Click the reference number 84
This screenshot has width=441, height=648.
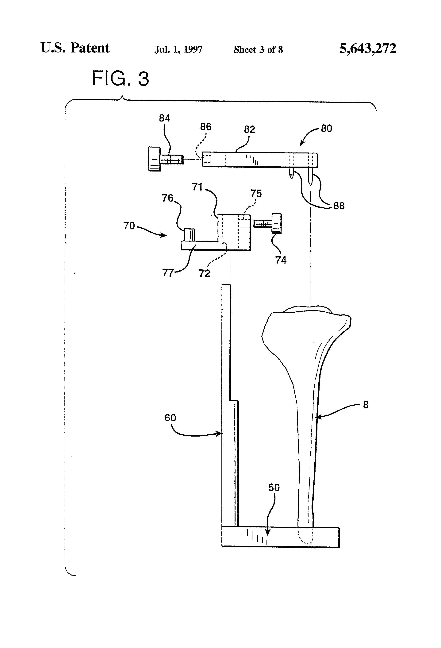pos(164,118)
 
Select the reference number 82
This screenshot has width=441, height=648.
pos(250,129)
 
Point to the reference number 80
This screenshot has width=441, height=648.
pos(326,129)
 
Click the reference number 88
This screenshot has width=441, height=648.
pos(339,206)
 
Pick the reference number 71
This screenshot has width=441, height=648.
pos(197,187)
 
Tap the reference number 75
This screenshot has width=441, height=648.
pos(256,194)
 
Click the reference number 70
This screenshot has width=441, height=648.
pos(129,226)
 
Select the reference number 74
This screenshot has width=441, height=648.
pos(281,260)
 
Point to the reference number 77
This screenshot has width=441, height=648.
pos(168,273)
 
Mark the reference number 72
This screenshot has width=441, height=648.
pos(204,273)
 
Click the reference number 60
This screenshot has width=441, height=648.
pos(170,418)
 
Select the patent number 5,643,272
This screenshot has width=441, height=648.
pos(368,48)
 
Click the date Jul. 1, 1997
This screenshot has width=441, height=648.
pos(178,50)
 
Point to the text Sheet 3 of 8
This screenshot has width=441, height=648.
pos(258,50)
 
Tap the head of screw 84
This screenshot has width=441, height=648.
pos(154,159)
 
